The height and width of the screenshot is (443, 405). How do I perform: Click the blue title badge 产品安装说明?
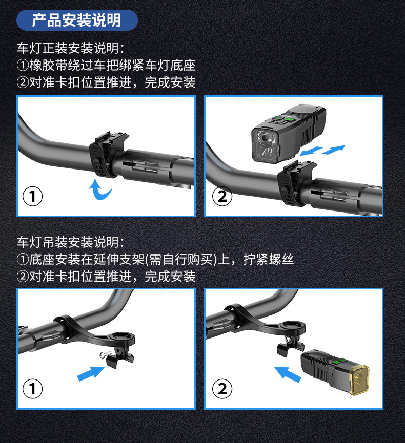pos(77,20)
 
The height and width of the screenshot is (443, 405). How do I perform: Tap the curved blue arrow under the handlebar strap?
pos(100,189)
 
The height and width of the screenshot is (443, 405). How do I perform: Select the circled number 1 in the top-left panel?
pos(32,196)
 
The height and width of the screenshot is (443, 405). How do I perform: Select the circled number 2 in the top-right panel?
pos(222,196)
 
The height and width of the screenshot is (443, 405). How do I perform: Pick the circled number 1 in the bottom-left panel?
pos(32,389)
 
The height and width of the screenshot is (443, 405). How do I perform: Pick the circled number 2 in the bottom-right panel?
pos(222,389)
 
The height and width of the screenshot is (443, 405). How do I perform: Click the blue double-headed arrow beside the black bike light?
pos(322,150)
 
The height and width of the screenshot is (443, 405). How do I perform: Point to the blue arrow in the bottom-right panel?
pos(288,374)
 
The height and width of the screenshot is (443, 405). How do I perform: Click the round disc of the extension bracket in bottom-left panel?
pos(123,337)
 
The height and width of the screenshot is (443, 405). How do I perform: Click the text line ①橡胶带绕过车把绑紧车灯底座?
pos(106,65)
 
